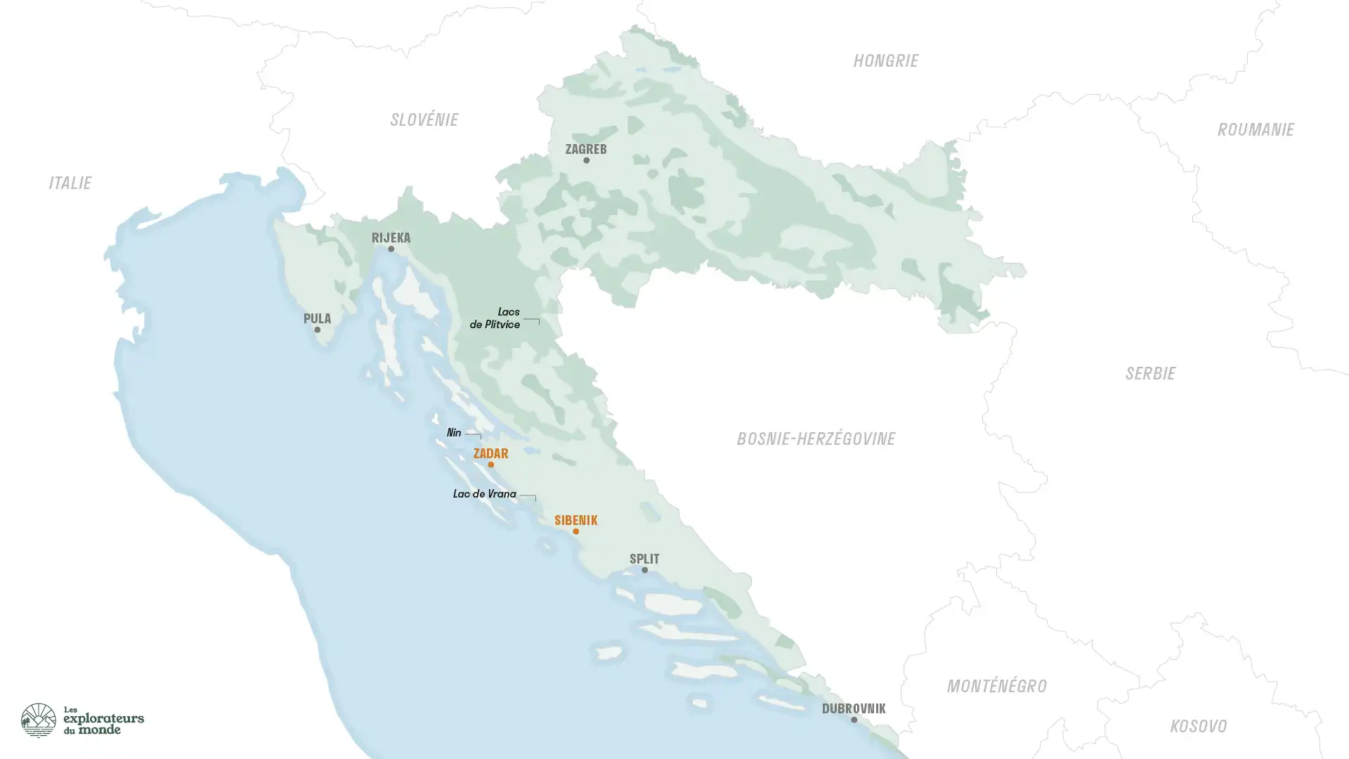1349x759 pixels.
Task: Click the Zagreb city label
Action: click(585, 149)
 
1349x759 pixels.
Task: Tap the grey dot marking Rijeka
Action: click(391, 249)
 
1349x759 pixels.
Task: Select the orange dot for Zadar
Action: click(490, 465)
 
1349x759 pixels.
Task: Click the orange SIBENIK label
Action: click(575, 520)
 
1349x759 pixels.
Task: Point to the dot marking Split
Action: click(644, 570)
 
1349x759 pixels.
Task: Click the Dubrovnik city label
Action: click(853, 708)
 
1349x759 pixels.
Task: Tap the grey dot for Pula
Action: click(317, 330)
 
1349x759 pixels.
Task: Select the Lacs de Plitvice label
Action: click(496, 318)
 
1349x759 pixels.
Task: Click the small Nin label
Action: click(454, 432)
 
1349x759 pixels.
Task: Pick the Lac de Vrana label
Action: click(484, 493)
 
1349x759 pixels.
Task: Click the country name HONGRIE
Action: click(885, 60)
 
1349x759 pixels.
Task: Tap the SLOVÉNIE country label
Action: click(424, 119)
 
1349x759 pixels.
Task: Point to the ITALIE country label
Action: click(70, 183)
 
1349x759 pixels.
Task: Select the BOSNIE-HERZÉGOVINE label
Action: click(815, 439)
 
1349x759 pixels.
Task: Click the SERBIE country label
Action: click(1149, 373)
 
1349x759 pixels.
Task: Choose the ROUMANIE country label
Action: click(1255, 129)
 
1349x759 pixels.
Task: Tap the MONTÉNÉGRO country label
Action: click(996, 686)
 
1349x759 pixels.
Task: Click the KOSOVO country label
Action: click(1198, 726)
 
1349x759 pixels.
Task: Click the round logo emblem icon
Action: click(39, 720)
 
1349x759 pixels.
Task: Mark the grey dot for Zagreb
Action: click(586, 160)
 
